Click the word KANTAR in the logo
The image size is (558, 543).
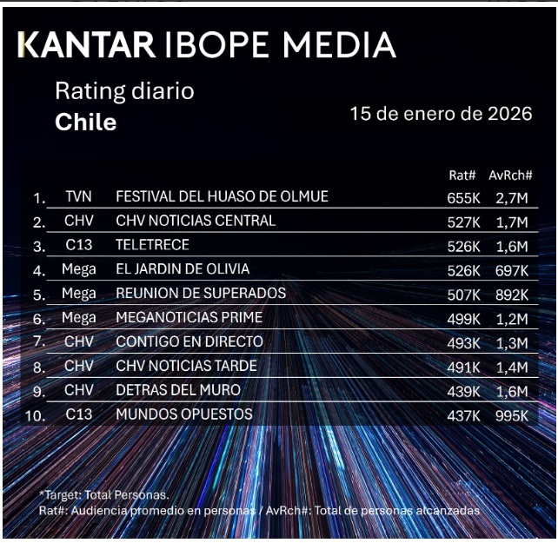pos(87,44)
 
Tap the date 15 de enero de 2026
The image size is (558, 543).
pos(441,114)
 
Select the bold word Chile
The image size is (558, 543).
pos(85,122)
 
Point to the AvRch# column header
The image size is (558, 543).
pos(510,175)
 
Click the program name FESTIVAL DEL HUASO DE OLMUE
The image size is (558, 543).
pos(222,197)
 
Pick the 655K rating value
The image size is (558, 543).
pos(463,198)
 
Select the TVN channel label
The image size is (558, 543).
pos(78,197)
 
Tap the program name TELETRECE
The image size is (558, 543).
pos(152,245)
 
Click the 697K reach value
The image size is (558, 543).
pos(512,270)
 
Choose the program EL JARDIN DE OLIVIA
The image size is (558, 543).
pos(183,269)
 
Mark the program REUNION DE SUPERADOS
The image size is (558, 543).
pos(201,294)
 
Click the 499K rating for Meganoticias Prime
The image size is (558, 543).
pos(463,318)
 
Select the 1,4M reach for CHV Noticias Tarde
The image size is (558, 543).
pos(512,367)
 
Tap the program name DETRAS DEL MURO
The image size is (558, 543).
pos(178,390)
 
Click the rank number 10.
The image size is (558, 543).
pos(36,415)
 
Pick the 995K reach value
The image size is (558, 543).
pos(512,415)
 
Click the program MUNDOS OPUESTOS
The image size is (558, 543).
pos(184,414)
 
